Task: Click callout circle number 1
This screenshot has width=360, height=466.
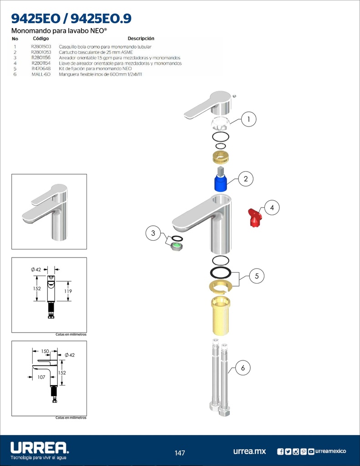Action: [248, 119]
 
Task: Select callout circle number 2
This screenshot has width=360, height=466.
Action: [246, 179]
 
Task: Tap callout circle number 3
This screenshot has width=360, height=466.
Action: [153, 233]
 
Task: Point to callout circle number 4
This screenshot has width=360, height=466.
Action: [272, 208]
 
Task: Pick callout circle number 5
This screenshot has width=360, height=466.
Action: [257, 276]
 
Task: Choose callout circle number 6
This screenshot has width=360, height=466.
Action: [243, 368]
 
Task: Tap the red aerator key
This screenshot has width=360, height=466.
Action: [254, 218]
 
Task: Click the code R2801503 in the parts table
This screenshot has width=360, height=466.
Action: [41, 47]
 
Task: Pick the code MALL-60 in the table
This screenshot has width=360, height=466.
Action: [41, 74]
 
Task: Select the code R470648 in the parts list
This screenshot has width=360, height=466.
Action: [41, 69]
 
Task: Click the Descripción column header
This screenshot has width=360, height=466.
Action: [141, 39]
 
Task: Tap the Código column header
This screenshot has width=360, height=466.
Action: [41, 39]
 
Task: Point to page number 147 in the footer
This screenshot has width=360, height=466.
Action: [180, 453]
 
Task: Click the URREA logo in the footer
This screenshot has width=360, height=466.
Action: [39, 448]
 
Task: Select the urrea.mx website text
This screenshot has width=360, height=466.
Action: [249, 451]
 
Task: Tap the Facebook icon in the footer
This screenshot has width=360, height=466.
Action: [280, 451]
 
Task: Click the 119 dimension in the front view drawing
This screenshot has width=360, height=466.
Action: [68, 291]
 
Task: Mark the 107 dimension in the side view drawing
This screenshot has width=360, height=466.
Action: [41, 377]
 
